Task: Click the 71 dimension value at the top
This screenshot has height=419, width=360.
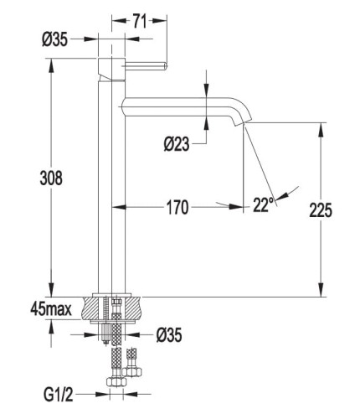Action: (139, 21)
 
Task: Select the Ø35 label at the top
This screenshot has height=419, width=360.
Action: (54, 39)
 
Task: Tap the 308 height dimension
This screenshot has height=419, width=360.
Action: (51, 178)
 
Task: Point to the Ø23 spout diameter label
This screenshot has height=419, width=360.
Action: (177, 144)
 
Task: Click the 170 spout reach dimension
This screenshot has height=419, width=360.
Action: (177, 208)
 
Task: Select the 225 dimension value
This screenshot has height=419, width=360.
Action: (321, 210)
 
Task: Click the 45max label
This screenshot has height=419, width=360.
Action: (51, 309)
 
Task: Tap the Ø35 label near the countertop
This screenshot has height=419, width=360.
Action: (169, 335)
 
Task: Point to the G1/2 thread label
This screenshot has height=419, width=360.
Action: (59, 395)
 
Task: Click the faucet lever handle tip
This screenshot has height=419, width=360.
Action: (165, 66)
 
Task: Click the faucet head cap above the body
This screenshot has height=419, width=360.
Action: (111, 69)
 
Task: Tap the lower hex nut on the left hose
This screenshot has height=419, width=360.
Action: (116, 381)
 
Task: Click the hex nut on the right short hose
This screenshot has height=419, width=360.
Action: (131, 371)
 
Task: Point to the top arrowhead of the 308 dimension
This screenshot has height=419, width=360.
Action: (51, 65)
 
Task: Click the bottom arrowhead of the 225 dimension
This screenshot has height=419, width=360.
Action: (321, 290)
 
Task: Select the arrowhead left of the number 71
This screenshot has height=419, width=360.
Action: (118, 20)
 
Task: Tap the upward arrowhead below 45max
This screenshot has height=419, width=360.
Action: (51, 326)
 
